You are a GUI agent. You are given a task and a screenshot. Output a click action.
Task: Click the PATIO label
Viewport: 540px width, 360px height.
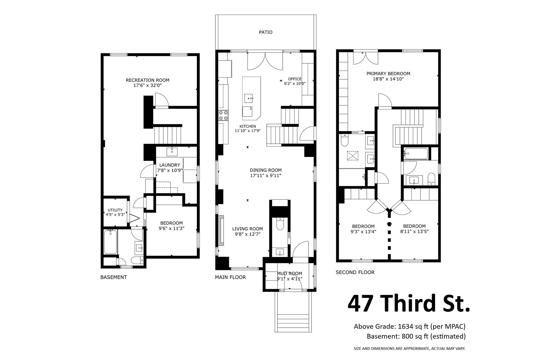[265, 32]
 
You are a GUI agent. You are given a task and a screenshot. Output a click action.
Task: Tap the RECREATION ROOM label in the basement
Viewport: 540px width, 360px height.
[147, 80]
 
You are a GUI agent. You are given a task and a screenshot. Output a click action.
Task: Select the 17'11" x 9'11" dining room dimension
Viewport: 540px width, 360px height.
[265, 176]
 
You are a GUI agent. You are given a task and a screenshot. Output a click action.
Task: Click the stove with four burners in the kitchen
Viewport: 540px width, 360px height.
[223, 116]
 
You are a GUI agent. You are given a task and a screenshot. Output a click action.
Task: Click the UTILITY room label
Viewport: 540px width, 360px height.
[115, 210]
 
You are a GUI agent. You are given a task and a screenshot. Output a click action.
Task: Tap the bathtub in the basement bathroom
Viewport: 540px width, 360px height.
[110, 242]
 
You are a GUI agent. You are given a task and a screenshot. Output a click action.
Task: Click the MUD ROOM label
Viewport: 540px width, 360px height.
[289, 273]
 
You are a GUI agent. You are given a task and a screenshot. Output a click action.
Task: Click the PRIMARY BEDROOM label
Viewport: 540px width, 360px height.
[388, 74]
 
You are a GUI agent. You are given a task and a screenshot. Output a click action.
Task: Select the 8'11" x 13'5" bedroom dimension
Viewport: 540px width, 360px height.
[414, 232]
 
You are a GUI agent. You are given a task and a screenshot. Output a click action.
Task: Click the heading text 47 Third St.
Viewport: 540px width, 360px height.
[409, 304]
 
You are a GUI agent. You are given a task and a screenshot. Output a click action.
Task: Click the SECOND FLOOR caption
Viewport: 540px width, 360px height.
[355, 272]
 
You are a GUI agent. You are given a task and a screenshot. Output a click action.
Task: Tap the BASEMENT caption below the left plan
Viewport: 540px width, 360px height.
[114, 277]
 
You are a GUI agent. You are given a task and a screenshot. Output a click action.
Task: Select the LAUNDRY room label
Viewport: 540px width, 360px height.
[170, 165]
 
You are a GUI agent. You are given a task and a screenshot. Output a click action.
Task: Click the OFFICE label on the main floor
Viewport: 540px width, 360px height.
[295, 79]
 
